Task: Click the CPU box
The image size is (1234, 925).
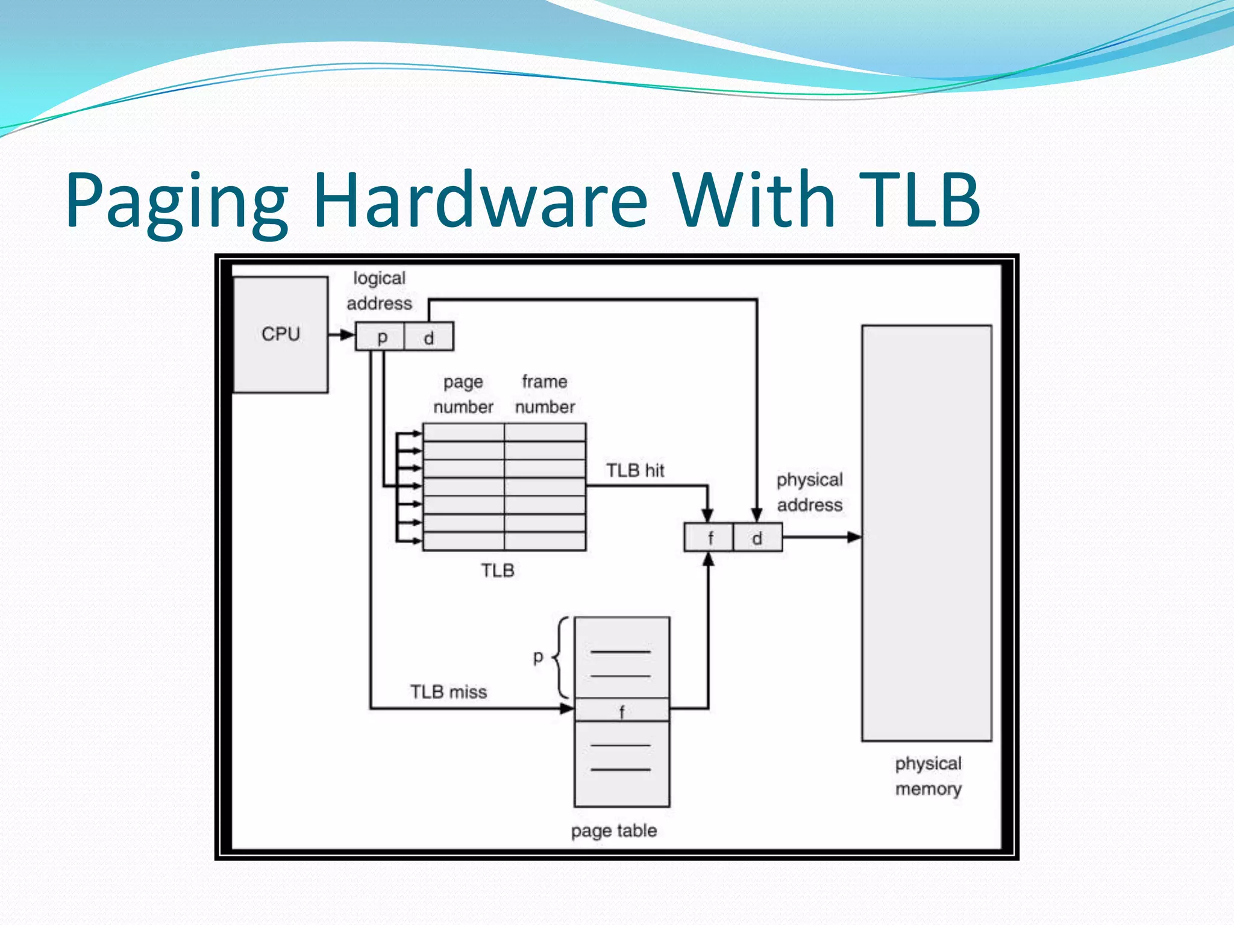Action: pyautogui.click(x=281, y=334)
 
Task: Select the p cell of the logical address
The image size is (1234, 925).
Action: pyautogui.click(x=381, y=337)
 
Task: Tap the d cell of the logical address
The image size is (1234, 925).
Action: pyautogui.click(x=429, y=337)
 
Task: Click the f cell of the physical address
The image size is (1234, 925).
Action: pyautogui.click(x=709, y=537)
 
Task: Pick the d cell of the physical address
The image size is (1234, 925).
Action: pyautogui.click(x=757, y=537)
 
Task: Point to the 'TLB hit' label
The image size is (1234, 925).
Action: pyautogui.click(x=635, y=470)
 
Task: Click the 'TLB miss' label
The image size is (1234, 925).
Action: pyautogui.click(x=448, y=691)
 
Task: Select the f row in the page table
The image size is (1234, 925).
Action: pyautogui.click(x=622, y=710)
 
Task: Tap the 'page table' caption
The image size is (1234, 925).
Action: pyautogui.click(x=614, y=830)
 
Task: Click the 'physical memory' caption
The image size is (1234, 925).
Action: pyautogui.click(x=928, y=776)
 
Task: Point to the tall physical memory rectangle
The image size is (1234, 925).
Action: pyautogui.click(x=927, y=533)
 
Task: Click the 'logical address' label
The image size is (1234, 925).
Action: pyautogui.click(x=380, y=290)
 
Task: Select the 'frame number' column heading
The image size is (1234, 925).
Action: pyautogui.click(x=545, y=394)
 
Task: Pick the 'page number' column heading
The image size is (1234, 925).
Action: pyautogui.click(x=463, y=394)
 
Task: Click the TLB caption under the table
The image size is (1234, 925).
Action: pyautogui.click(x=498, y=570)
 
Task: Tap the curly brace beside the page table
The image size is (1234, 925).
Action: pyautogui.click(x=561, y=657)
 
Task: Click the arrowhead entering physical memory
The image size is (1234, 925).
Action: pyautogui.click(x=854, y=537)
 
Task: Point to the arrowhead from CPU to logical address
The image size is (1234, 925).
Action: pyautogui.click(x=347, y=335)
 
